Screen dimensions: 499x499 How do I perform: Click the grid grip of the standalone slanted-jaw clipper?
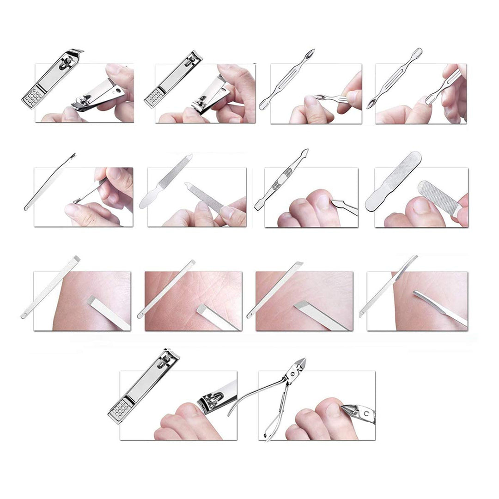point(32,97)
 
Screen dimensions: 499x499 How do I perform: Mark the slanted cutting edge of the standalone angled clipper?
point(76,52)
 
